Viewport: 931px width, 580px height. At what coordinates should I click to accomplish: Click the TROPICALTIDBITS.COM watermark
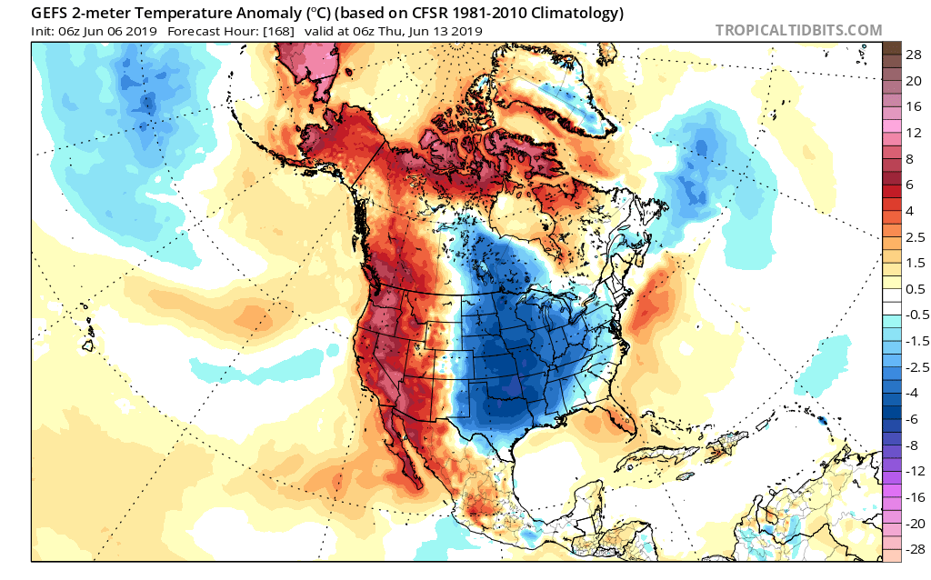click(798, 30)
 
